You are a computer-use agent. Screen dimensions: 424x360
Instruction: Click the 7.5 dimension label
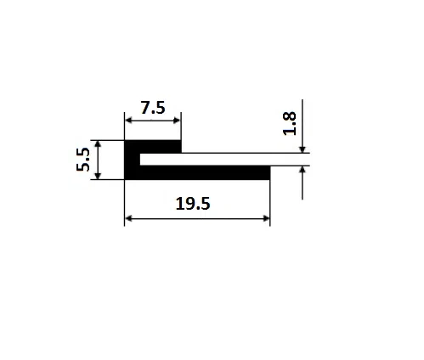point(153,108)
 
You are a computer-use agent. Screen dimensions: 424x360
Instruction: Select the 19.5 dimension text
point(193,204)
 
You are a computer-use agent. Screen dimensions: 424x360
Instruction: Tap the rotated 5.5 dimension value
point(83,160)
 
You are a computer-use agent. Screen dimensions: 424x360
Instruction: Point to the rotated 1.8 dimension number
point(290,124)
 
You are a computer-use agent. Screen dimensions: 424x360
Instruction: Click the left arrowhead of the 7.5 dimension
point(129,121)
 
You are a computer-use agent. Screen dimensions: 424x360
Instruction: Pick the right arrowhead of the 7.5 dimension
point(177,121)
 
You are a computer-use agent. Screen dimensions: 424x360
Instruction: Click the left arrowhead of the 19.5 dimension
point(129,218)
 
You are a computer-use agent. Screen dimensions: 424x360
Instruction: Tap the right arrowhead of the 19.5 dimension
point(266,218)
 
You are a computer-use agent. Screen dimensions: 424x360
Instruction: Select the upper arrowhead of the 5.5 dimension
point(98,144)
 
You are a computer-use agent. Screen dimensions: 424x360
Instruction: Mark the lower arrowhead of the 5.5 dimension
point(98,176)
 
